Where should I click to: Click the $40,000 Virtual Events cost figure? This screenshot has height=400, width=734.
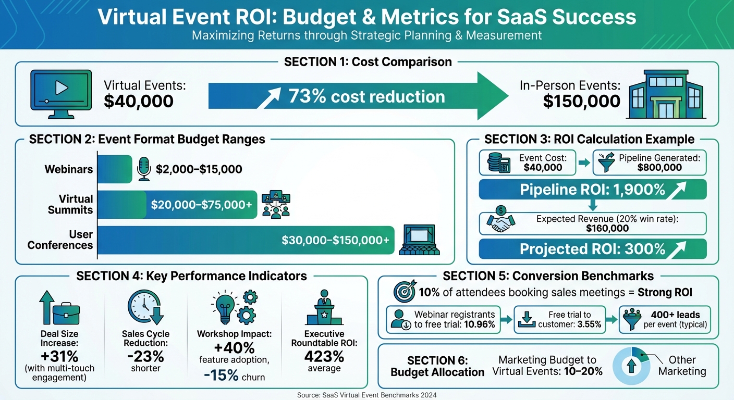(139, 101)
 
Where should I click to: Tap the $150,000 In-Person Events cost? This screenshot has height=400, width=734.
(581, 101)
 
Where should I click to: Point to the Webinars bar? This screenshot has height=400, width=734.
(115, 169)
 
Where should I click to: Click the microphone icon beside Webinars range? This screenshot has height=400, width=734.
(144, 169)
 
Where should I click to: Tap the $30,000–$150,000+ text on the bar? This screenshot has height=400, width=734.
(335, 240)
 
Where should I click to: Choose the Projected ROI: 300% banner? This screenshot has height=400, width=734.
(592, 249)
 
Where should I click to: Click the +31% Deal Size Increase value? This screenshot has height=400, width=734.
(59, 357)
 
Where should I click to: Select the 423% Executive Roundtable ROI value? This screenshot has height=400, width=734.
(324, 357)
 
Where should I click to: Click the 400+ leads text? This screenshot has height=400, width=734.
(675, 315)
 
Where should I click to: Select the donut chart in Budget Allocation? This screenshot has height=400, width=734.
(631, 365)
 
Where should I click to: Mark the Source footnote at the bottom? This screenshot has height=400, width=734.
(366, 395)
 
